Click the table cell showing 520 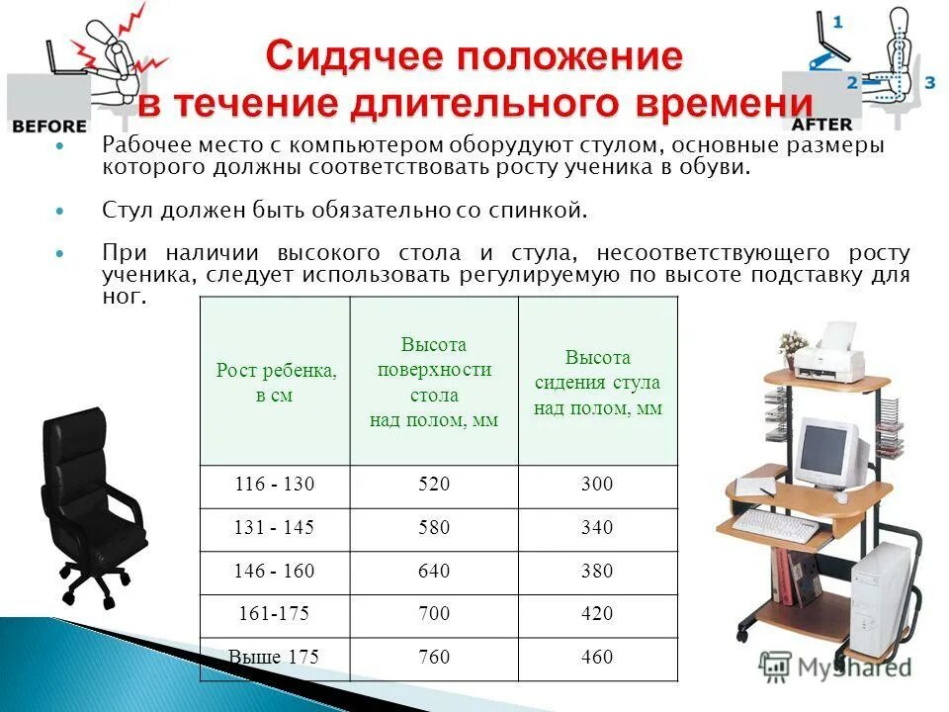pos(434,485)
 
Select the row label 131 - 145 pos(274,528)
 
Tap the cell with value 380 pos(597,572)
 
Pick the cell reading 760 pos(434,658)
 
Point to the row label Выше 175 pos(274,658)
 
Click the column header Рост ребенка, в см pos(276,383)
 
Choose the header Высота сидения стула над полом pos(597,383)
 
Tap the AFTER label pos(821,125)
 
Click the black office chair pos(89,504)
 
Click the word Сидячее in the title pos(357,56)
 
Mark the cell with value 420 pos(597,614)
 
